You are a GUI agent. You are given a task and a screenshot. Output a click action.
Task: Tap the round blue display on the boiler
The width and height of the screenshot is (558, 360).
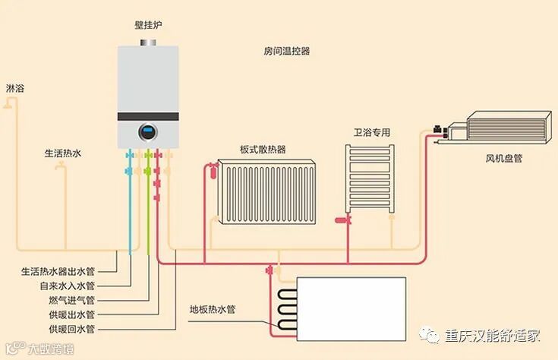point(147,132)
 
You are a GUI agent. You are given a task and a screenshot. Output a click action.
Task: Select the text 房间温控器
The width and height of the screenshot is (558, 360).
point(287,52)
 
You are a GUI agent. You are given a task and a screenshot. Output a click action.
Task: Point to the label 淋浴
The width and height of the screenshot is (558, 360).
point(15,89)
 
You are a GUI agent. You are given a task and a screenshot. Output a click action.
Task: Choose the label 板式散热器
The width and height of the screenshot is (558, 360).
point(263,150)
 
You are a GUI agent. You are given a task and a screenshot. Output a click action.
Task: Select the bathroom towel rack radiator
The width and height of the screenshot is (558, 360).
point(370,179)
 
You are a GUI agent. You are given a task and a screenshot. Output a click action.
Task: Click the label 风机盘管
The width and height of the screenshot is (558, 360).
point(504,159)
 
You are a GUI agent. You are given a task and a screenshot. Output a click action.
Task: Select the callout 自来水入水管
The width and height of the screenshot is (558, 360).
point(68,286)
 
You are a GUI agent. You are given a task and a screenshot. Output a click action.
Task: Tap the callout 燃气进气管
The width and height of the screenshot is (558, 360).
point(72,300)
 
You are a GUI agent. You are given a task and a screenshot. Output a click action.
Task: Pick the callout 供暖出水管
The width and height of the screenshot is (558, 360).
point(72,314)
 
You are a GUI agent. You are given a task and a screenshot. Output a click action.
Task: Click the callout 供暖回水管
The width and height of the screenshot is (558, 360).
point(72,329)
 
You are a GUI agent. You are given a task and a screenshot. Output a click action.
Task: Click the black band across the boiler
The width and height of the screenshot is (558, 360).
point(148,117)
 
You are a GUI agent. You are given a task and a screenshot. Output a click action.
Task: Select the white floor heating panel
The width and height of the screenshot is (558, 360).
point(350,305)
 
